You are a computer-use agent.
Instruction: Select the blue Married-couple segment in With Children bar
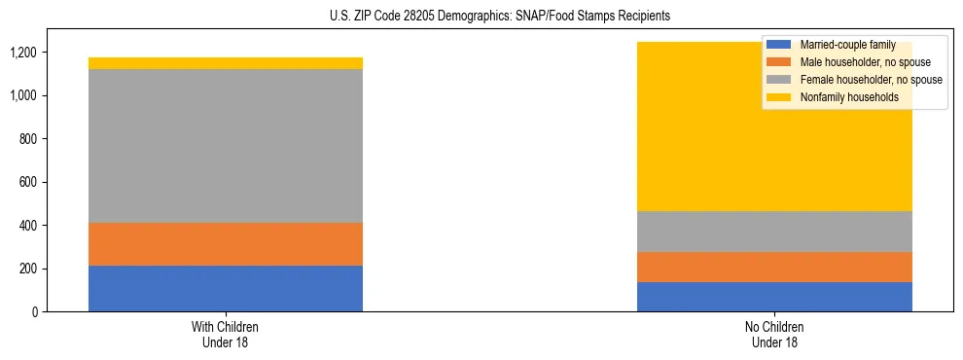[x=226, y=288]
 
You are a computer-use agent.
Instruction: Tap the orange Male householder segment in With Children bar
[x=226, y=244]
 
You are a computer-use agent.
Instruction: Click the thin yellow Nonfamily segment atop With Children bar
[x=226, y=63]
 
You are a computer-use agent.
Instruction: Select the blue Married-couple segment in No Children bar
[x=774, y=297]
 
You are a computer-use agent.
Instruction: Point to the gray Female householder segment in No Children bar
[x=774, y=232]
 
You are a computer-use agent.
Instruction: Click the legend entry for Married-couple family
[x=847, y=45]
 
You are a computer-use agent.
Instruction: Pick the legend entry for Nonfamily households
[x=848, y=97]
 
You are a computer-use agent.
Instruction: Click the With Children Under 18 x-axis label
[x=226, y=334]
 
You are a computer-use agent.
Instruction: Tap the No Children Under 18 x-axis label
[x=774, y=334]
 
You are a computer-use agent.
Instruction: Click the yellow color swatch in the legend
[x=780, y=97]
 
